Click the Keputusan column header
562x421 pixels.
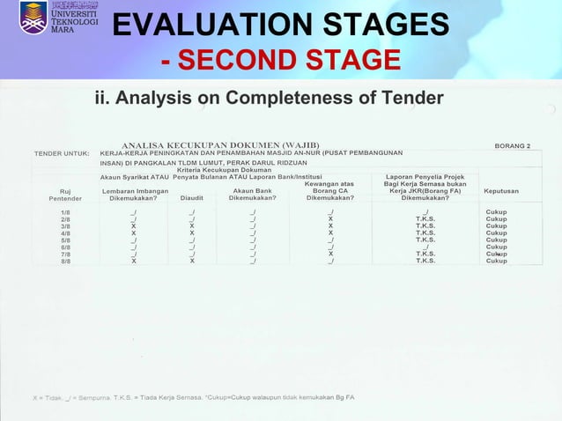pos(501,191)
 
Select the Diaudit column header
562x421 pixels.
pos(192,198)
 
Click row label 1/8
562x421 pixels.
pos(66,212)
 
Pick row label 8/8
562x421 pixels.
pos(66,262)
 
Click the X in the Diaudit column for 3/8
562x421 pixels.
pos(192,226)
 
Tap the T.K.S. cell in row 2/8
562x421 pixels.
pos(426,219)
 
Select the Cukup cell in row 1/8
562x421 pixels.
pos(496,212)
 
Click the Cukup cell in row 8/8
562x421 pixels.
pos(496,262)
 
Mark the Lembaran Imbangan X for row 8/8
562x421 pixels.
pos(133,262)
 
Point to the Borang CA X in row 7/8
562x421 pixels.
pos(329,255)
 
